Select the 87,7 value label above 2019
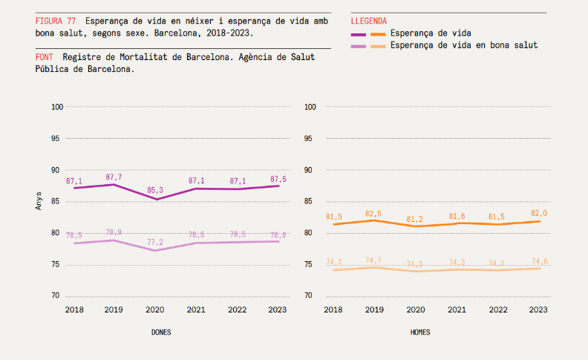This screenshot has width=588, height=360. click(114, 177)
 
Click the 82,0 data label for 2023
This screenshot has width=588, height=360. click(540, 214)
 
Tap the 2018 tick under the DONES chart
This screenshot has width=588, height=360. click(74, 310)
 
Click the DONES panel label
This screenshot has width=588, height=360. click(161, 333)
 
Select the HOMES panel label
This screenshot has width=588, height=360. click(420, 333)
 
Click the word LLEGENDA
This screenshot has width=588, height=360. click(368, 21)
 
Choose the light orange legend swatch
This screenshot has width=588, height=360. click(378, 45)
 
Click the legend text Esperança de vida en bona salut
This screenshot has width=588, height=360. click(463, 45)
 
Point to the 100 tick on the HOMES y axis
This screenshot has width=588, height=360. click(311, 107)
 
